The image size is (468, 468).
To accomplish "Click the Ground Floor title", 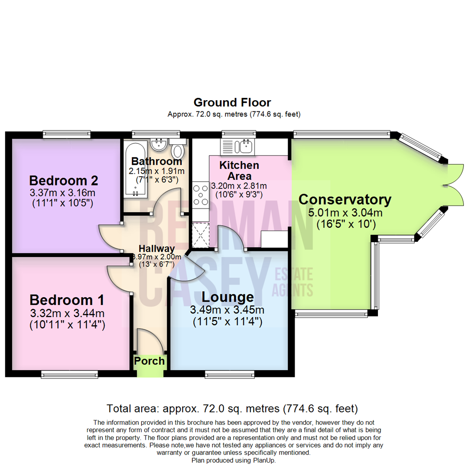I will pos(232,103).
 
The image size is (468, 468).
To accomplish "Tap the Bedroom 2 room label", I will pos(64,180).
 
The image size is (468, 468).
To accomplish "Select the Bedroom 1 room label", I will pos(67,300).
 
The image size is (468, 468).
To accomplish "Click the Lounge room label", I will pos(228,297).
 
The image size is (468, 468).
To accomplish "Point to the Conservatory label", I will pos(345,200).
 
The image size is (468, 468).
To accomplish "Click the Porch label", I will pos(149,361).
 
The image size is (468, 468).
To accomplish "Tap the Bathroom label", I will pos(156,162).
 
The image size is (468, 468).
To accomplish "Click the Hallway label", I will pos(156,249).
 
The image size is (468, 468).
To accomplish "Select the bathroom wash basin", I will pos(159,144).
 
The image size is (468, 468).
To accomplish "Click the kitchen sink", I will pos(245,146).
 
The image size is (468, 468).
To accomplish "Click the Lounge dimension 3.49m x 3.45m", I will pos(228,310).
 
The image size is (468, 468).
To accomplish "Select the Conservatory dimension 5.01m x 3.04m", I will pos(345,213).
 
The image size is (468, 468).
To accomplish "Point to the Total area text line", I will pos(232,408).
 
